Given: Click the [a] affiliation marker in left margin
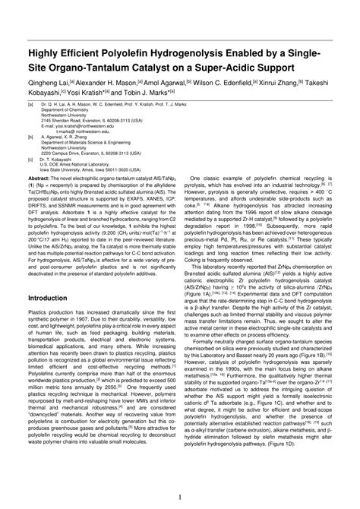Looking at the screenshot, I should click(x=30, y=103).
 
